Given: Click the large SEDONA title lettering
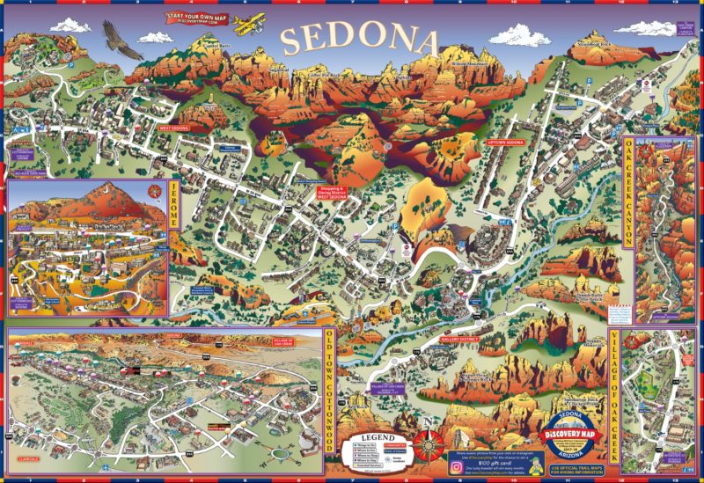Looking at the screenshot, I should pyautogui.click(x=360, y=39).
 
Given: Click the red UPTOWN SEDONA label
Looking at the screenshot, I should pyautogui.click(x=505, y=142).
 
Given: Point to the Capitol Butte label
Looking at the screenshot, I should pyautogui.click(x=216, y=46).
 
